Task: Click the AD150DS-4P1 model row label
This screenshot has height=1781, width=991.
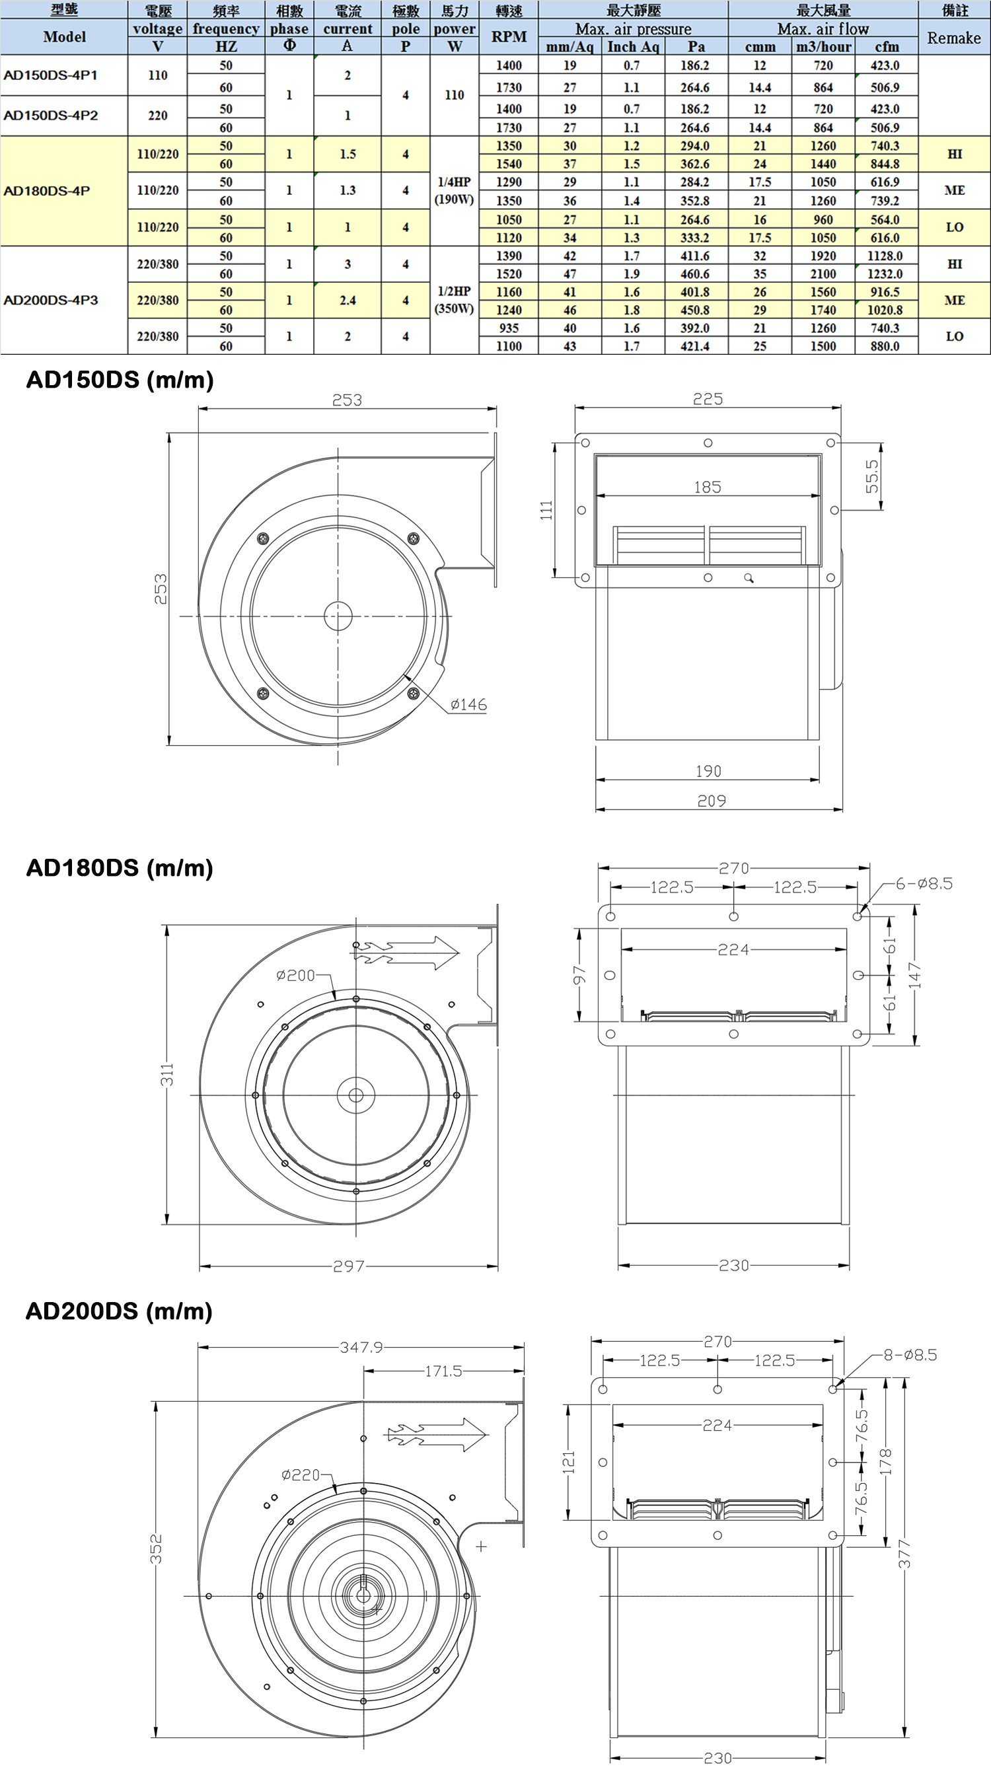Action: pos(50,75)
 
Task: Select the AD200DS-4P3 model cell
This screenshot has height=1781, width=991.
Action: pos(50,300)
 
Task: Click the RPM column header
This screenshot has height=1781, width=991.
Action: pos(509,36)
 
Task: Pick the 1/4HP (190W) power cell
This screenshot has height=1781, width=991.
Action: pos(454,191)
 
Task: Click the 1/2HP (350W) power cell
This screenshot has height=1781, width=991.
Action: pos(454,300)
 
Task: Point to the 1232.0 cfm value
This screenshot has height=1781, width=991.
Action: pos(885,273)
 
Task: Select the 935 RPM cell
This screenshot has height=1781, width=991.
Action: pos(509,328)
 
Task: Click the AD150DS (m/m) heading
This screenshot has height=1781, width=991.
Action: pos(120,380)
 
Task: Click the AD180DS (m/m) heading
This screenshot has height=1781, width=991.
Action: pos(120,867)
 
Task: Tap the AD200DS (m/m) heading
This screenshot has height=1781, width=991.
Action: pos(119,1311)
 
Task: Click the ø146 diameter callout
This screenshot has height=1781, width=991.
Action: pos(468,704)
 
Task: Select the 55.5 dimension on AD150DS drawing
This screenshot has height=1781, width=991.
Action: pos(872,476)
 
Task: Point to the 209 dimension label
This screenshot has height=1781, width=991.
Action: pos(712,801)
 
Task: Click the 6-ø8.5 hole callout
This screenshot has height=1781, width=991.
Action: pos(924,884)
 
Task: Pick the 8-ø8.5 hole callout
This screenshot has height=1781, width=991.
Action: pos(910,1354)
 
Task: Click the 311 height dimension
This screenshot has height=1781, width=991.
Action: pos(167,1074)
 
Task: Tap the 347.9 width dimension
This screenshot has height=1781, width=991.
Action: pos(361,1347)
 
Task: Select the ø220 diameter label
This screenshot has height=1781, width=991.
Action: pos(301,1474)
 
